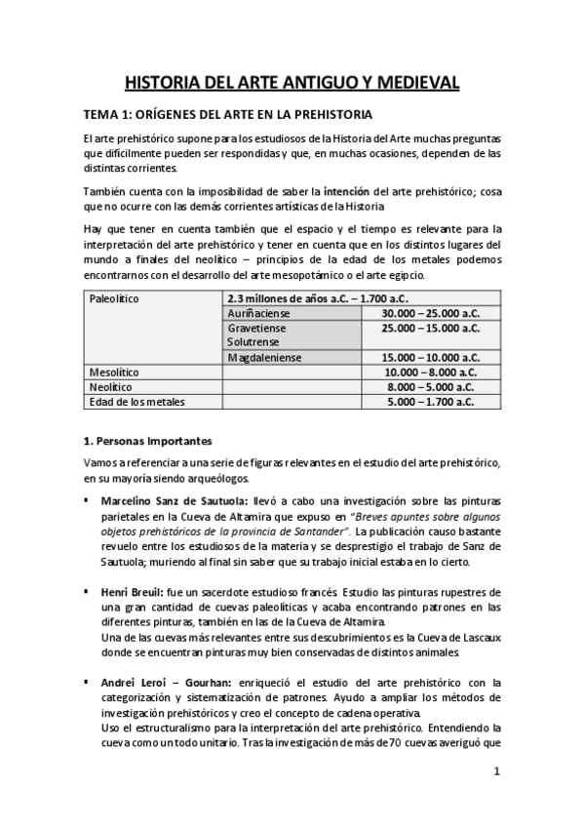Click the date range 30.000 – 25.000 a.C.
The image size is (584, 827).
click(x=431, y=314)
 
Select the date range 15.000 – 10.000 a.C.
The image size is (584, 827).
click(x=431, y=358)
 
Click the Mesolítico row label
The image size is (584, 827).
click(x=114, y=373)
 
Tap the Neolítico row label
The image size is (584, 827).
click(x=110, y=387)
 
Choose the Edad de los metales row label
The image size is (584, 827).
click(x=136, y=402)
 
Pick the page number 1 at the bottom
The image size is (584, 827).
click(x=496, y=771)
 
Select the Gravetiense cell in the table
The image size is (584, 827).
click(x=255, y=329)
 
